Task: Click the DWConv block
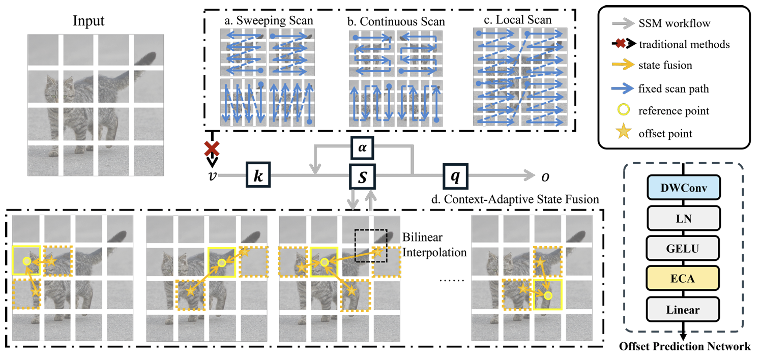pyautogui.click(x=684, y=187)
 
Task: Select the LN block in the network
pyautogui.click(x=684, y=218)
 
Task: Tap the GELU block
pyautogui.click(x=683, y=248)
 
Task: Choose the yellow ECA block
pyautogui.click(x=683, y=278)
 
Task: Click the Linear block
pyautogui.click(x=683, y=309)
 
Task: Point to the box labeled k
pyautogui.click(x=258, y=175)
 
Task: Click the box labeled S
pyautogui.click(x=363, y=176)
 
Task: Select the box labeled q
pyautogui.click(x=455, y=176)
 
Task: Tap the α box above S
pyautogui.click(x=363, y=148)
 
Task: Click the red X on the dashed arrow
pyautogui.click(x=212, y=149)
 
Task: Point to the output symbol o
pyautogui.click(x=545, y=177)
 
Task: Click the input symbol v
pyautogui.click(x=213, y=176)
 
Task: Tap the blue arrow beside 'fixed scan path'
pyautogui.click(x=623, y=88)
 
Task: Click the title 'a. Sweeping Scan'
pyautogui.click(x=269, y=20)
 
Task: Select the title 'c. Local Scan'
pyautogui.click(x=518, y=20)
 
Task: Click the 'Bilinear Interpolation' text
pyautogui.click(x=434, y=245)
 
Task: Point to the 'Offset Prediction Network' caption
pyautogui.click(x=685, y=346)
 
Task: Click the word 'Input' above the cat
pyautogui.click(x=89, y=21)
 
